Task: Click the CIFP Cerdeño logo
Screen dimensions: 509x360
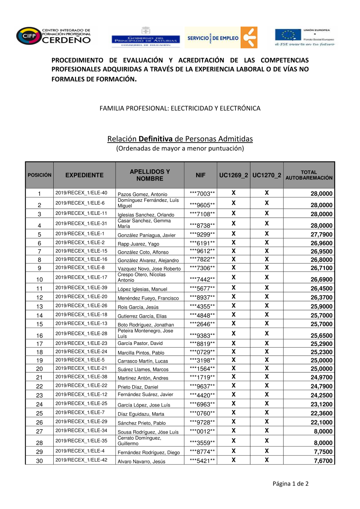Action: pos(53,36)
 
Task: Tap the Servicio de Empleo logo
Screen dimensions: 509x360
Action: pos(221,37)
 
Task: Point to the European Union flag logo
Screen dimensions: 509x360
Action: pos(288,35)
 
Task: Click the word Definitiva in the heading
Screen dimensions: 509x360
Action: pos(156,139)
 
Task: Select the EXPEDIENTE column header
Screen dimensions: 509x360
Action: pos(84,175)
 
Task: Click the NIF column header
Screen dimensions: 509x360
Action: pos(201,175)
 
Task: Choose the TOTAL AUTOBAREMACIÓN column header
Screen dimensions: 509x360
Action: pos(309,175)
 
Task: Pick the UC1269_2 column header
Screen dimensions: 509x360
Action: pos(234,175)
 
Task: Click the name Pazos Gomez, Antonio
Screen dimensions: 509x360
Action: pos(143,194)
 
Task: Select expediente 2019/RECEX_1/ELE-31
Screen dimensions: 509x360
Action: pos(81,223)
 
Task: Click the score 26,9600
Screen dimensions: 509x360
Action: pos(321,243)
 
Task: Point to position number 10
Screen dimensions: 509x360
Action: pos(40,280)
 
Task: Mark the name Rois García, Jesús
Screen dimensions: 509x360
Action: pos(138,307)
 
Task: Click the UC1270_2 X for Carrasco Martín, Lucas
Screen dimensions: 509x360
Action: pos(267,360)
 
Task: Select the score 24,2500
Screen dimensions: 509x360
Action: pos(321,395)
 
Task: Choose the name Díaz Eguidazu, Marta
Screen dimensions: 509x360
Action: pos(141,414)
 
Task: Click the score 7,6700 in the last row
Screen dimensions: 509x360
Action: pos(323,461)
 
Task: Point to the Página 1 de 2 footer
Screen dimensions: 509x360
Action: pos(291,483)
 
